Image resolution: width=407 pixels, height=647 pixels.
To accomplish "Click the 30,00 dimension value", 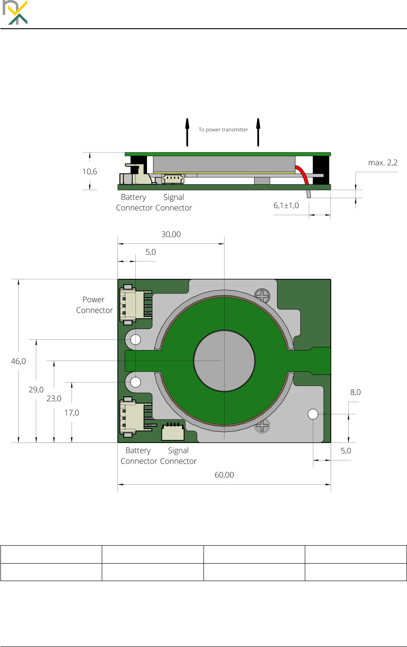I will point(171,234).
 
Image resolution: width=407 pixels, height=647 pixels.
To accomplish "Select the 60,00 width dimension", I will point(224,475).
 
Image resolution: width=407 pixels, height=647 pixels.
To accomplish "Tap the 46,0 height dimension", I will point(18,361).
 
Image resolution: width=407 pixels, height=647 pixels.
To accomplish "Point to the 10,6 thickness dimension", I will point(90,172).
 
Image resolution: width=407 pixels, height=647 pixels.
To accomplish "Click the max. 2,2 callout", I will point(383,163).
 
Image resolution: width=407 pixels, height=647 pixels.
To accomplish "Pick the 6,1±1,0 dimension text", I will point(286,206).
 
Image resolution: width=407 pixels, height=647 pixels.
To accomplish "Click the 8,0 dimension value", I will point(355,392).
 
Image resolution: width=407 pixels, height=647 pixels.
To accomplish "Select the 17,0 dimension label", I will point(71,413).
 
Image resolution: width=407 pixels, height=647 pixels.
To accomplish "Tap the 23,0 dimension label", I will point(54,399).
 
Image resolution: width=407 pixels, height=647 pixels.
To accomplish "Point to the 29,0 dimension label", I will point(36,390).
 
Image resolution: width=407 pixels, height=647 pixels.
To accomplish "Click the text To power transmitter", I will point(223,130).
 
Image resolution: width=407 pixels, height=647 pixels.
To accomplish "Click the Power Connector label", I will point(94,305).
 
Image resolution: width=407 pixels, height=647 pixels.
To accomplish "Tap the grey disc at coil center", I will point(224,361).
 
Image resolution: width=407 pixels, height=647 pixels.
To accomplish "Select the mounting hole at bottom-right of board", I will point(313,414).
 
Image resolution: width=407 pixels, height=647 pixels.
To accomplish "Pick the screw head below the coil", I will point(262,426).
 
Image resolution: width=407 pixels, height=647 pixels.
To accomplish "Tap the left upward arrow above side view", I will point(187,132).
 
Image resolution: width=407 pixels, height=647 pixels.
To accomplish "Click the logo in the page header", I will point(15,13).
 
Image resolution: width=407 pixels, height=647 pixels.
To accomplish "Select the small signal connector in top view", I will point(173,432).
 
